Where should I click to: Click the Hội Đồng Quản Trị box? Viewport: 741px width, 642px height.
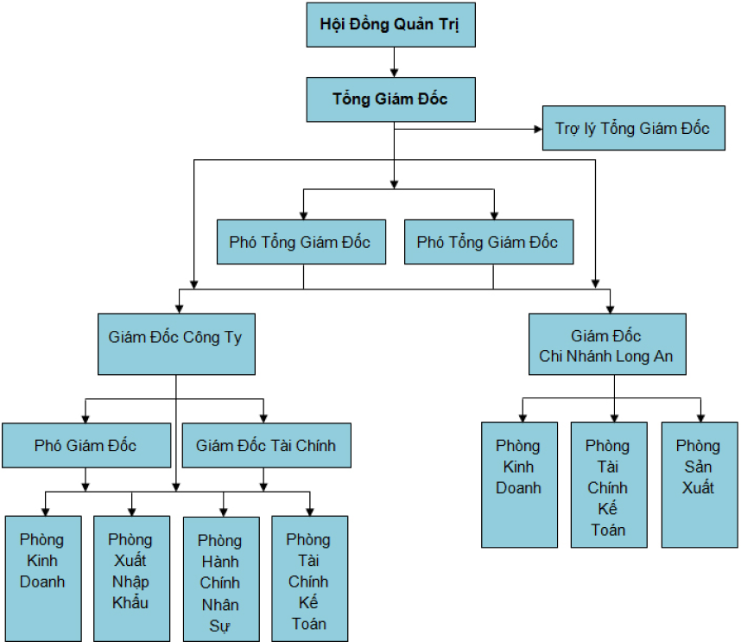point(390,24)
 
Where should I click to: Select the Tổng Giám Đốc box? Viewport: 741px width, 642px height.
point(390,99)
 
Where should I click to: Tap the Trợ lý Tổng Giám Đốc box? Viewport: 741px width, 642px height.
point(633,129)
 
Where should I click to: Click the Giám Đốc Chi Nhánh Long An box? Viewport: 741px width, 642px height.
point(607,344)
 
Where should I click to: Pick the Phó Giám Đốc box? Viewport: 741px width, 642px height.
point(85,446)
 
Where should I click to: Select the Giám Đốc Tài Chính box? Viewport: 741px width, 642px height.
point(266,446)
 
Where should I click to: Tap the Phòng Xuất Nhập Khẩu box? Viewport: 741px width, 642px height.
point(131,578)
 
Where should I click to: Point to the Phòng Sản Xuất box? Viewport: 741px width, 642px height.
point(699,484)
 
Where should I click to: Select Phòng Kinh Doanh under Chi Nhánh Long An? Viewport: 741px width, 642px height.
point(519,484)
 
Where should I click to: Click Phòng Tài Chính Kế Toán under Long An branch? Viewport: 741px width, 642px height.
point(608,484)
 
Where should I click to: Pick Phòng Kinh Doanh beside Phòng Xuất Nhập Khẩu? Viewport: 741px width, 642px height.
point(42,578)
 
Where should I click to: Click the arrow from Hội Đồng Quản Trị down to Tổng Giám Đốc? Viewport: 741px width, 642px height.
point(394,62)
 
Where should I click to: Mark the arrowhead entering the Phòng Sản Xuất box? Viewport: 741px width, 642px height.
point(699,416)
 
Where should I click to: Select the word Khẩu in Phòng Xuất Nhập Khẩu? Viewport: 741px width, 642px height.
point(130,603)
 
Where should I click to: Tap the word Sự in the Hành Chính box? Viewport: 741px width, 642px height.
point(220,625)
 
